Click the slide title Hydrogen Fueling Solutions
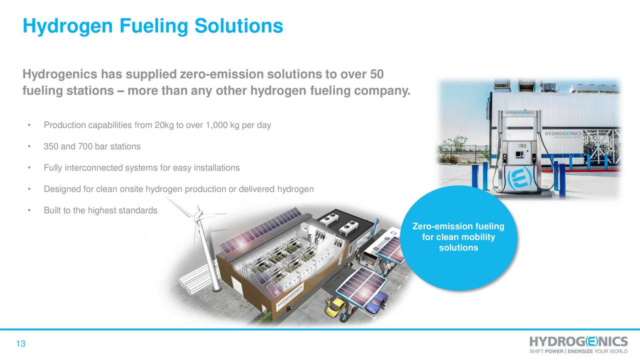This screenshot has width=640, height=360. tap(152, 26)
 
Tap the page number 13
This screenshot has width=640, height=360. tap(20, 344)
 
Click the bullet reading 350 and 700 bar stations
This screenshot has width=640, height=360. tap(92, 146)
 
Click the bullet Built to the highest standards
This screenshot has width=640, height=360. tap(100, 210)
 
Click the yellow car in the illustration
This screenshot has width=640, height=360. tap(335, 306)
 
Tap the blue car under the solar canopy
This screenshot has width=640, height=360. tap(378, 301)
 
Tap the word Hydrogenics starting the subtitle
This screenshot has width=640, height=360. tap(60, 75)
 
